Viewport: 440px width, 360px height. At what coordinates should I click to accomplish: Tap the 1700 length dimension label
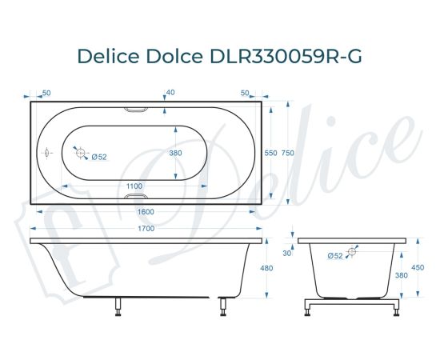145,229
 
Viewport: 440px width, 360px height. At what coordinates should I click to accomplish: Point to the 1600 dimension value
145,211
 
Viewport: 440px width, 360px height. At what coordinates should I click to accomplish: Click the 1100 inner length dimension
135,186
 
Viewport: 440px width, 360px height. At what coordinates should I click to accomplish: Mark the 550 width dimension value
270,152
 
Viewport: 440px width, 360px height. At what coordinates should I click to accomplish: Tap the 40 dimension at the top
170,92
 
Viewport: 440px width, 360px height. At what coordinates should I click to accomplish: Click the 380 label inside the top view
176,153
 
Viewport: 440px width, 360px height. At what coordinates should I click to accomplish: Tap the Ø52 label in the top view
99,156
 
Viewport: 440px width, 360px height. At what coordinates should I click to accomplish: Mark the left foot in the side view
118,306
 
